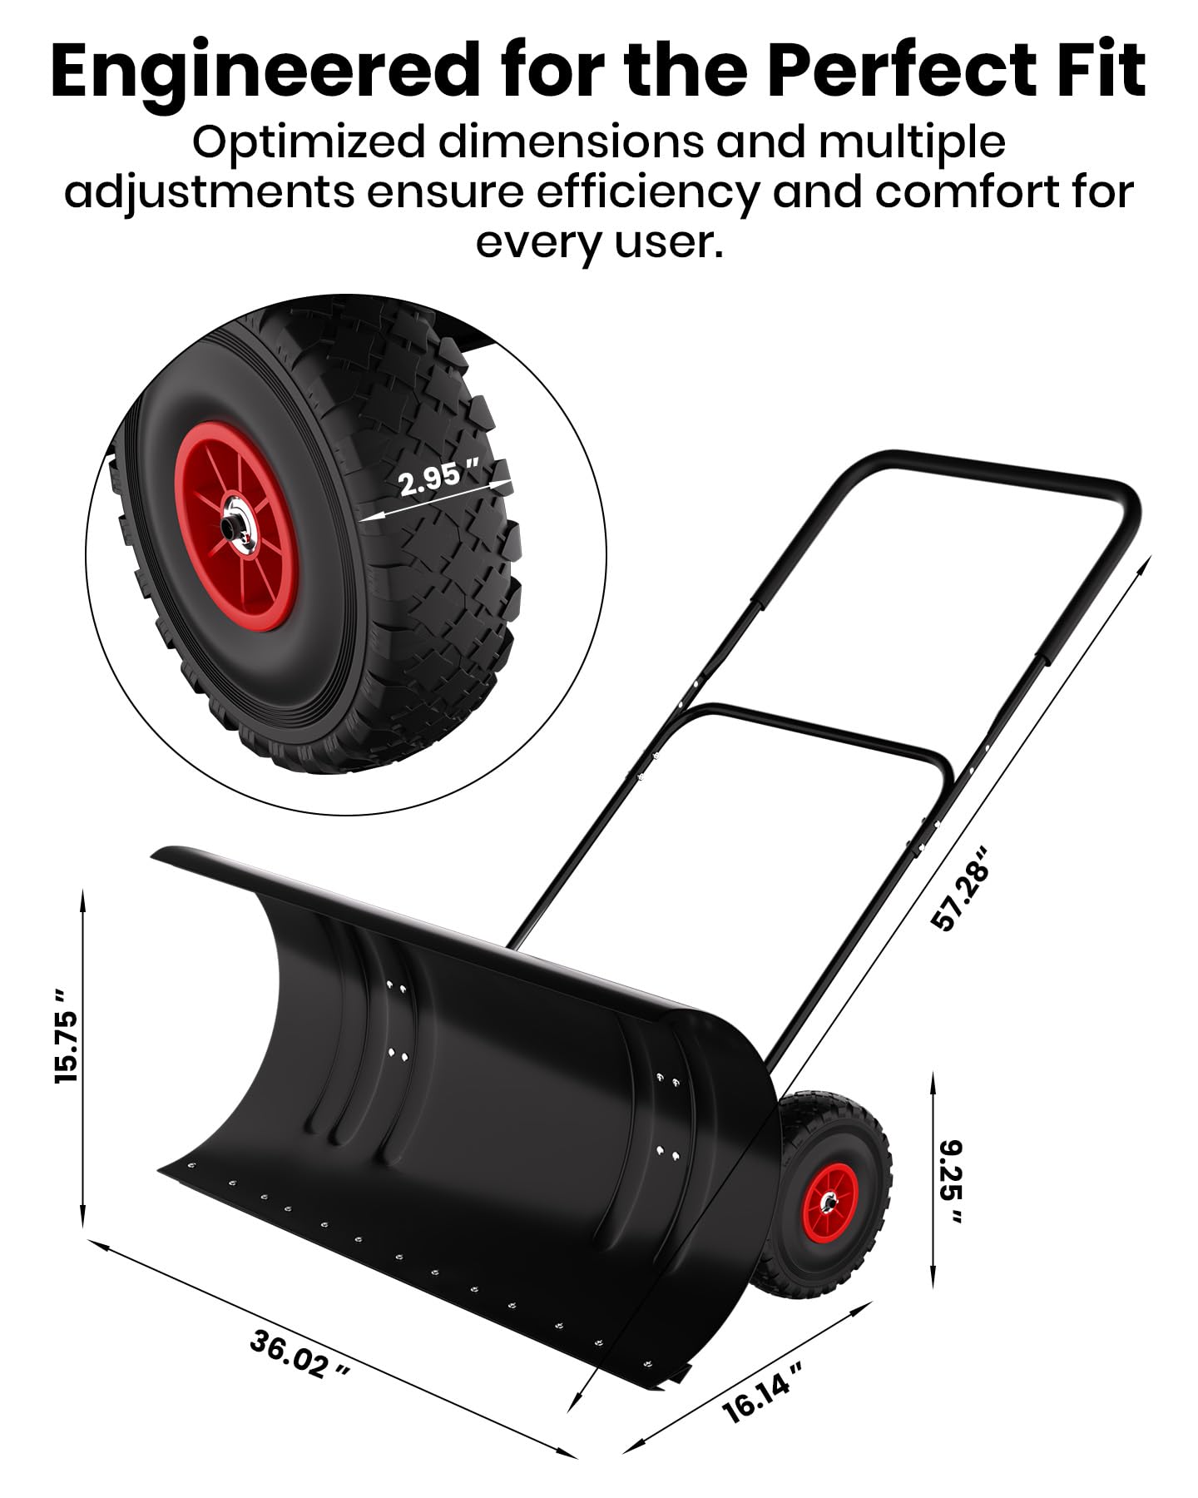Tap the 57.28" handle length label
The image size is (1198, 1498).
click(x=963, y=888)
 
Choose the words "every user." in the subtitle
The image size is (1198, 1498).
click(x=599, y=242)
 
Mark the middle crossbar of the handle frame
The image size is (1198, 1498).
click(x=824, y=732)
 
